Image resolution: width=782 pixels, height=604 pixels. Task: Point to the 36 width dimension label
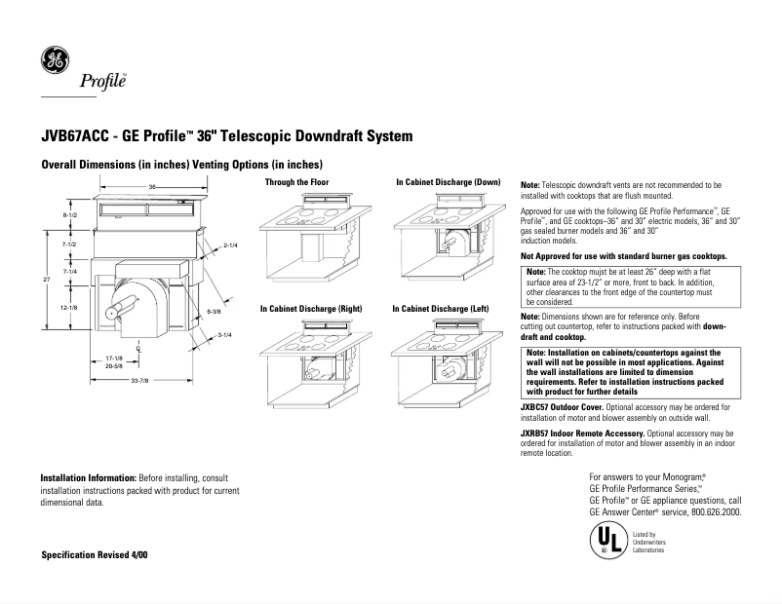click(152, 186)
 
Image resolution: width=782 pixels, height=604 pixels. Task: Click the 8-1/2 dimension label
click(69, 214)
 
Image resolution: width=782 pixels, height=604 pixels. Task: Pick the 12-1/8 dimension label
click(69, 307)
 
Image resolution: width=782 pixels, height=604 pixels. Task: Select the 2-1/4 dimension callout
click(231, 245)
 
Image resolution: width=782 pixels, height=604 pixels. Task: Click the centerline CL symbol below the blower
click(139, 346)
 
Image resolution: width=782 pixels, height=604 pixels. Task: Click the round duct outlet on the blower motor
click(112, 310)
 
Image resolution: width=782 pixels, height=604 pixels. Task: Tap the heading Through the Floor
click(297, 182)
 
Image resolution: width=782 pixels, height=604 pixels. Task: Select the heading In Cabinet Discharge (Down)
click(448, 182)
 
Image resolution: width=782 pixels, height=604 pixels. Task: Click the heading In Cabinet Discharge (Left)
click(441, 308)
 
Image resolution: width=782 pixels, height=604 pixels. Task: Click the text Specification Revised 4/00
click(95, 554)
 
